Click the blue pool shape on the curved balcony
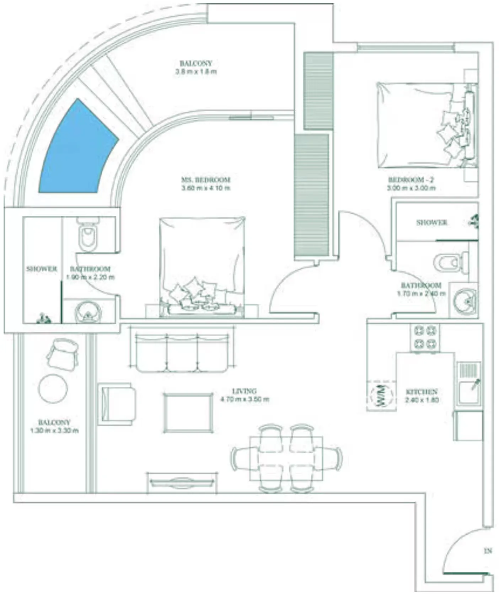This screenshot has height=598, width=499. click(x=76, y=149)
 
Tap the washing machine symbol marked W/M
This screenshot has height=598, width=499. click(x=381, y=395)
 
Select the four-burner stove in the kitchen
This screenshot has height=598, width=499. click(x=425, y=337)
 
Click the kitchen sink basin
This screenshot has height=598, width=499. click(x=469, y=392)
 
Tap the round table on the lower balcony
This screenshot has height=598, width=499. click(x=53, y=388)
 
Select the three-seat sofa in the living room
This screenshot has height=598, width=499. click(x=182, y=353)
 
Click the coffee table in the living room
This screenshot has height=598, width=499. click(x=188, y=412)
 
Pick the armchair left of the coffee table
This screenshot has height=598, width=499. click(x=116, y=404)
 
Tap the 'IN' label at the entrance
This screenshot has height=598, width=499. click(x=488, y=551)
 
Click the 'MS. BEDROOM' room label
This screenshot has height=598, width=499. click(x=206, y=180)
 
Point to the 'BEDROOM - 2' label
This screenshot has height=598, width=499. click(x=411, y=180)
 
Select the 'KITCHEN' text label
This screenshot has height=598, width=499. click(x=422, y=391)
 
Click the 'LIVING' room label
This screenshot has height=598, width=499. click(x=244, y=391)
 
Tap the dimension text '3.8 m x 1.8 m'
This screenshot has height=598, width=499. click(x=196, y=72)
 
